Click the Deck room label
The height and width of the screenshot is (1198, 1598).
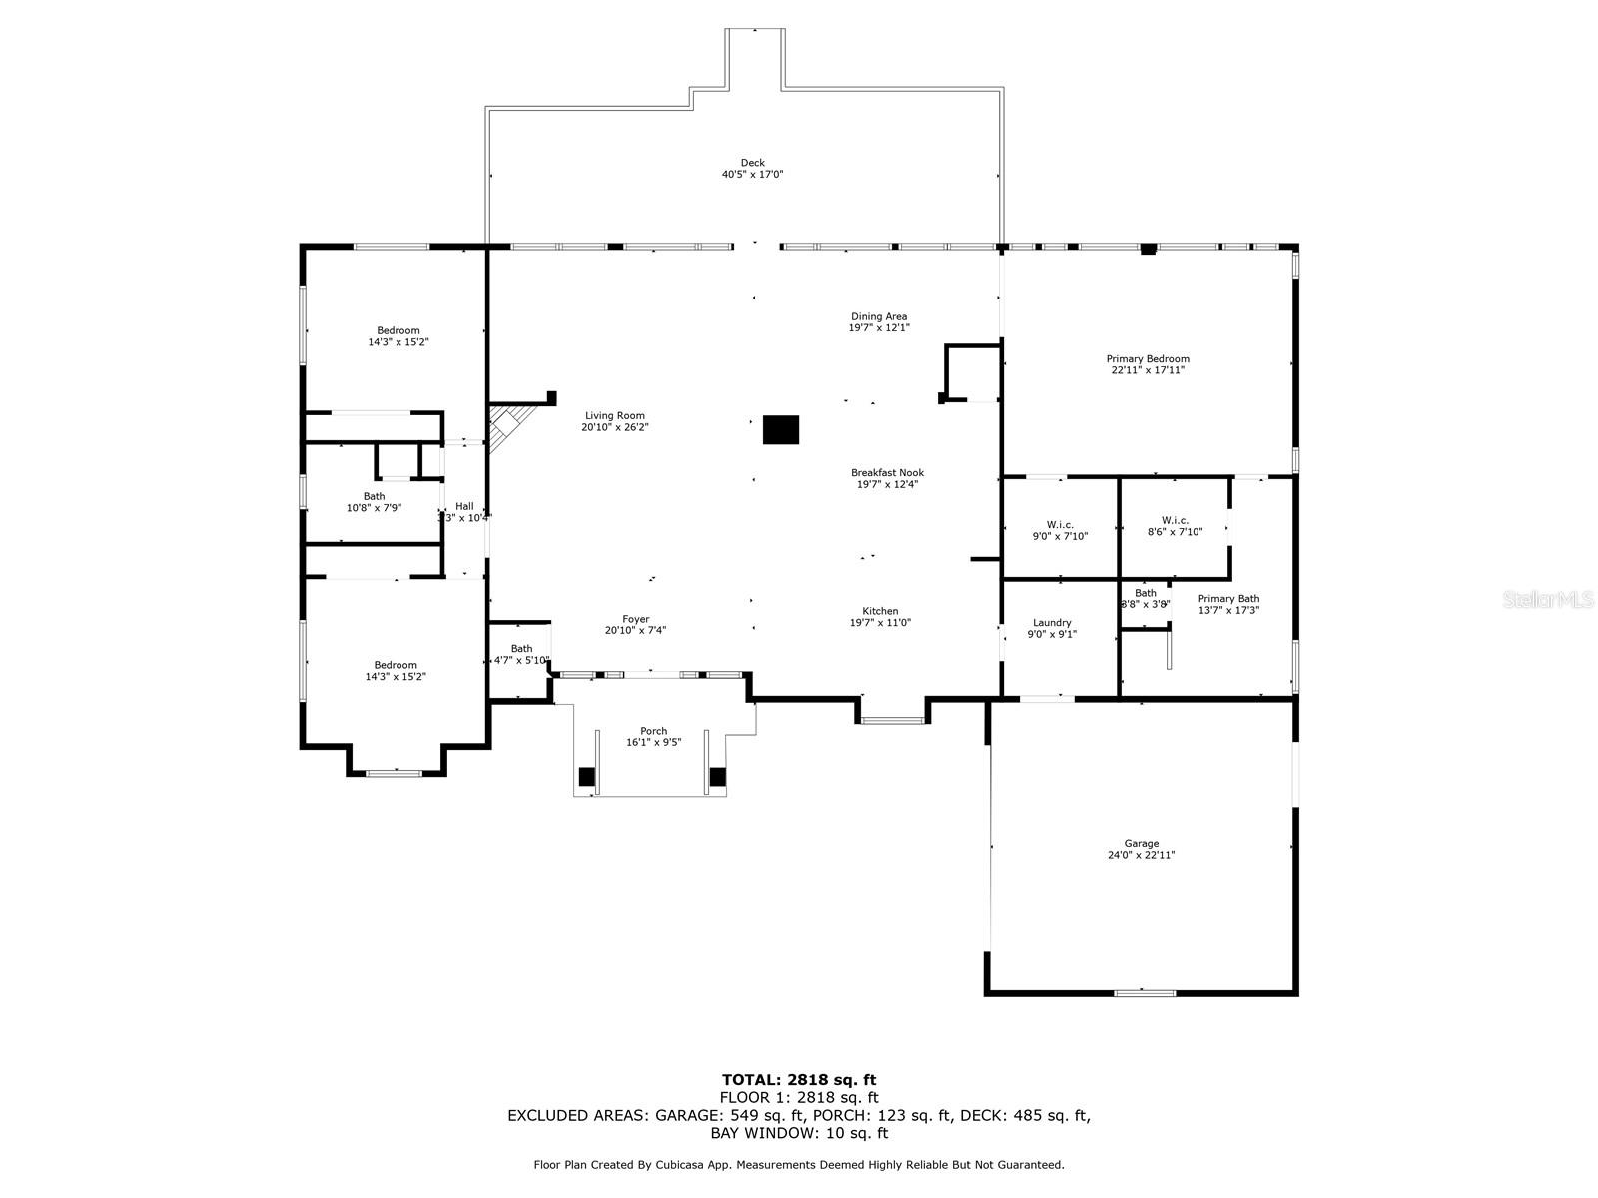pyautogui.click(x=752, y=163)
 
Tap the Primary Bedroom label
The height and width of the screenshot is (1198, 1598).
pyautogui.click(x=1148, y=359)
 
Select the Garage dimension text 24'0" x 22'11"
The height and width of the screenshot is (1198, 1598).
pyautogui.click(x=1141, y=855)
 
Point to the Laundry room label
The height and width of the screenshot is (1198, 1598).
pyautogui.click(x=1052, y=623)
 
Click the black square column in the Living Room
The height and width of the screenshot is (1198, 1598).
pyautogui.click(x=781, y=429)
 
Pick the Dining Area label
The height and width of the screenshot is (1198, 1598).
pyautogui.click(x=879, y=316)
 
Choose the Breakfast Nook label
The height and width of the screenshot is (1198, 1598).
pyautogui.click(x=887, y=473)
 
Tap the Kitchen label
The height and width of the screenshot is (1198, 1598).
pyautogui.click(x=880, y=611)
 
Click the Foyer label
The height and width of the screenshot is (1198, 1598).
pyautogui.click(x=635, y=619)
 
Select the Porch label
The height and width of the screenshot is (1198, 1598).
pyautogui.click(x=653, y=731)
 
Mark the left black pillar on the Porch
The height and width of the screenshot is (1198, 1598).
pyautogui.click(x=587, y=776)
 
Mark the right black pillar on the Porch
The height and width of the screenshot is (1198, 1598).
pyautogui.click(x=717, y=776)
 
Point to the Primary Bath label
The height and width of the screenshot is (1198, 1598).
pyautogui.click(x=1228, y=599)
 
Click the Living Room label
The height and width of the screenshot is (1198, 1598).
pyautogui.click(x=614, y=415)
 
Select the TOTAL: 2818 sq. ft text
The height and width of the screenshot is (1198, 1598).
pyautogui.click(x=798, y=1079)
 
